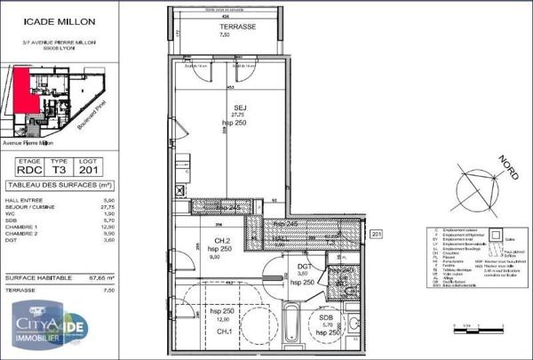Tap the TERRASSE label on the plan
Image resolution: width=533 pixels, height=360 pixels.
[237, 28]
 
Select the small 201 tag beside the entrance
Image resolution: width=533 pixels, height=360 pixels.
[376, 233]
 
